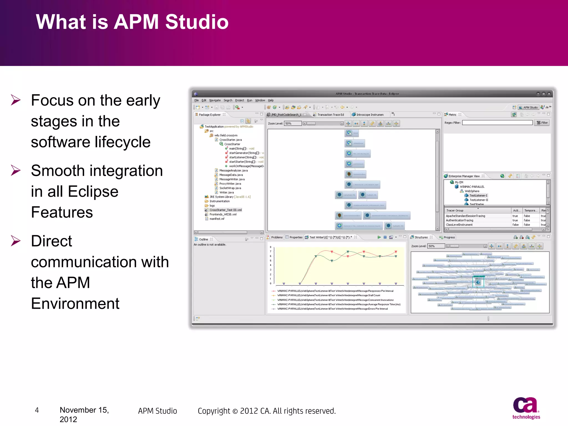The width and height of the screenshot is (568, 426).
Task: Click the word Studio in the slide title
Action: (197, 22)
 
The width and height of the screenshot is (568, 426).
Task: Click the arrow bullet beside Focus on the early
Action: (16, 100)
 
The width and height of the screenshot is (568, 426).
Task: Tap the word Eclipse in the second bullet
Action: (93, 192)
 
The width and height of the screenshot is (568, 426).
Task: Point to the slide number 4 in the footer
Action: (37, 410)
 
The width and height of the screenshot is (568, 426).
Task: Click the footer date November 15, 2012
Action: (84, 414)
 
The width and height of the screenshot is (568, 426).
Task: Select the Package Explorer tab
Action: (209, 115)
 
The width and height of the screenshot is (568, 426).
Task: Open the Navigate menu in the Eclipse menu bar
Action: (215, 100)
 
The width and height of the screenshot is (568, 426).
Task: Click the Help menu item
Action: (271, 100)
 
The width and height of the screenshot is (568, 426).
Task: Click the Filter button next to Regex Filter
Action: (542, 123)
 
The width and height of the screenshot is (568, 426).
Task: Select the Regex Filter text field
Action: (497, 123)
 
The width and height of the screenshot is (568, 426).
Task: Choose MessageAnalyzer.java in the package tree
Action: (233, 171)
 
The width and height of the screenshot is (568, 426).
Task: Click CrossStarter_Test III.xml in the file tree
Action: (225, 210)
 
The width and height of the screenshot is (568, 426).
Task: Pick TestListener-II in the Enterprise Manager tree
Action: (479, 200)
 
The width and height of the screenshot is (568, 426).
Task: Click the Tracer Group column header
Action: (455, 211)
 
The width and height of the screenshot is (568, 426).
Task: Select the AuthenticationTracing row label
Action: (459, 220)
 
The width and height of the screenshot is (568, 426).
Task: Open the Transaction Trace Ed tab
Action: (330, 115)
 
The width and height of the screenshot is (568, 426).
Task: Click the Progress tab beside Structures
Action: (449, 237)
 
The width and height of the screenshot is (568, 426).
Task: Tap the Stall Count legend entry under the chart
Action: (328, 295)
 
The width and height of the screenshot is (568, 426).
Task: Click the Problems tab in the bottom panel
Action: (277, 237)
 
